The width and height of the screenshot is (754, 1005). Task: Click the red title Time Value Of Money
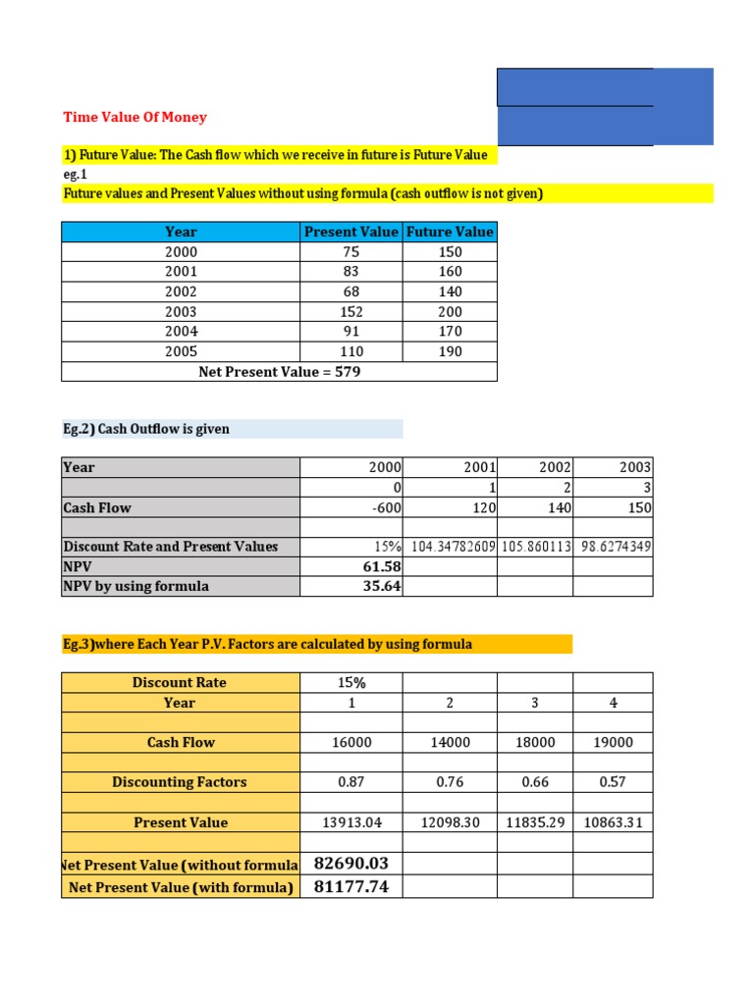tap(135, 117)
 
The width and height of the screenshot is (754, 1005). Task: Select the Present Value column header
tap(351, 232)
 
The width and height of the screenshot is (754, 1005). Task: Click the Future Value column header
tap(450, 232)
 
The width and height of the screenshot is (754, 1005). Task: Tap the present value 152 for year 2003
tap(351, 311)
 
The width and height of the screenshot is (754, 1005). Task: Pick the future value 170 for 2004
tap(450, 332)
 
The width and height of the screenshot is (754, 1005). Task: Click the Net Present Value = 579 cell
tap(280, 371)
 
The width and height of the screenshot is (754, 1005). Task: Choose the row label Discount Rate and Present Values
tap(171, 547)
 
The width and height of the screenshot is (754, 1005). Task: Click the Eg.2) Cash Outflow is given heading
tap(146, 429)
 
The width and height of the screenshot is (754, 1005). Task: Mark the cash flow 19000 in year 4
tap(614, 743)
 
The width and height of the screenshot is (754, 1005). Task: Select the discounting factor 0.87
tap(351, 782)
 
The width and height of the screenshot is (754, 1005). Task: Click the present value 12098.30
tap(451, 822)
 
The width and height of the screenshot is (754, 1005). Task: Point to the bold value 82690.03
tap(351, 863)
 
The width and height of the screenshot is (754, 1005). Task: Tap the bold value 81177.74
tap(351, 887)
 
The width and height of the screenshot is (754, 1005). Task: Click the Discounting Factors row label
tap(180, 782)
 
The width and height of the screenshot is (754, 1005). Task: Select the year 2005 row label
tap(182, 351)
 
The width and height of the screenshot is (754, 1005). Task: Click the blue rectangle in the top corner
tap(605, 106)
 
